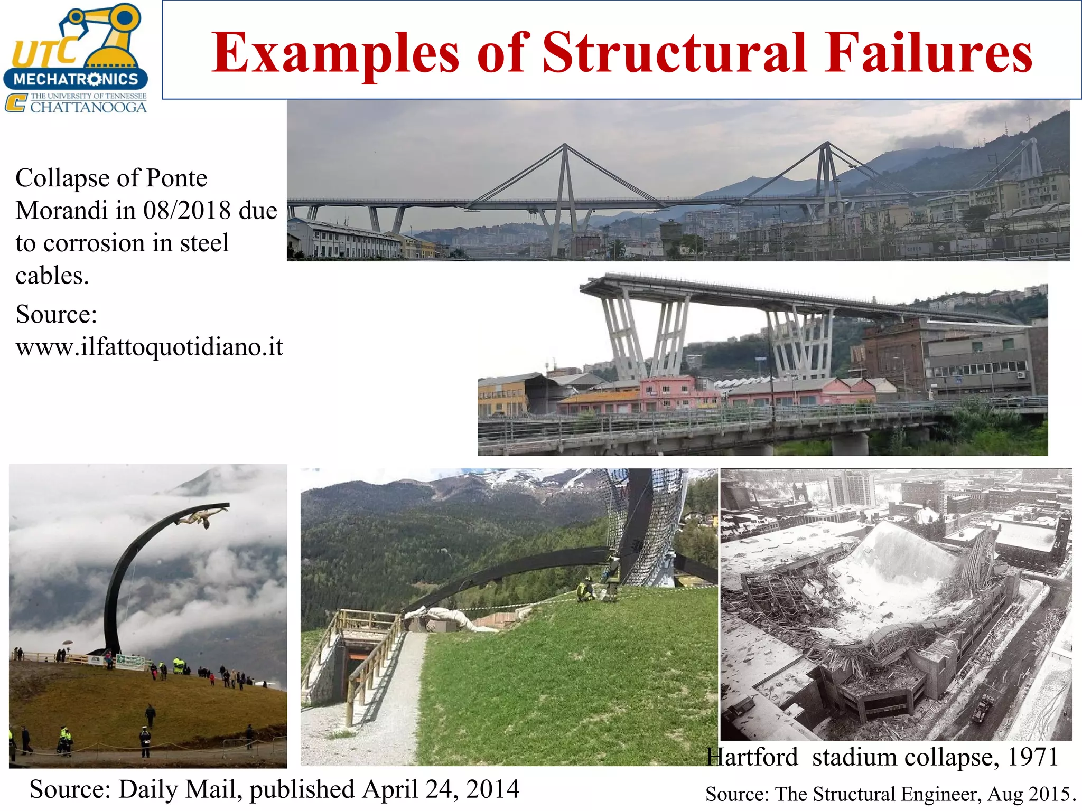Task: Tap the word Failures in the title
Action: click(928, 52)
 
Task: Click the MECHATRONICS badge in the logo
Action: click(76, 79)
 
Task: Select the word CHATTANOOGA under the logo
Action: click(88, 107)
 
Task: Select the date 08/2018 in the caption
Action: click(187, 211)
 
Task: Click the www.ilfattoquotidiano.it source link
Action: click(150, 347)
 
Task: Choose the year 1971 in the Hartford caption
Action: click(1032, 757)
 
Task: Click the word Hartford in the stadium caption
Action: click(752, 757)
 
